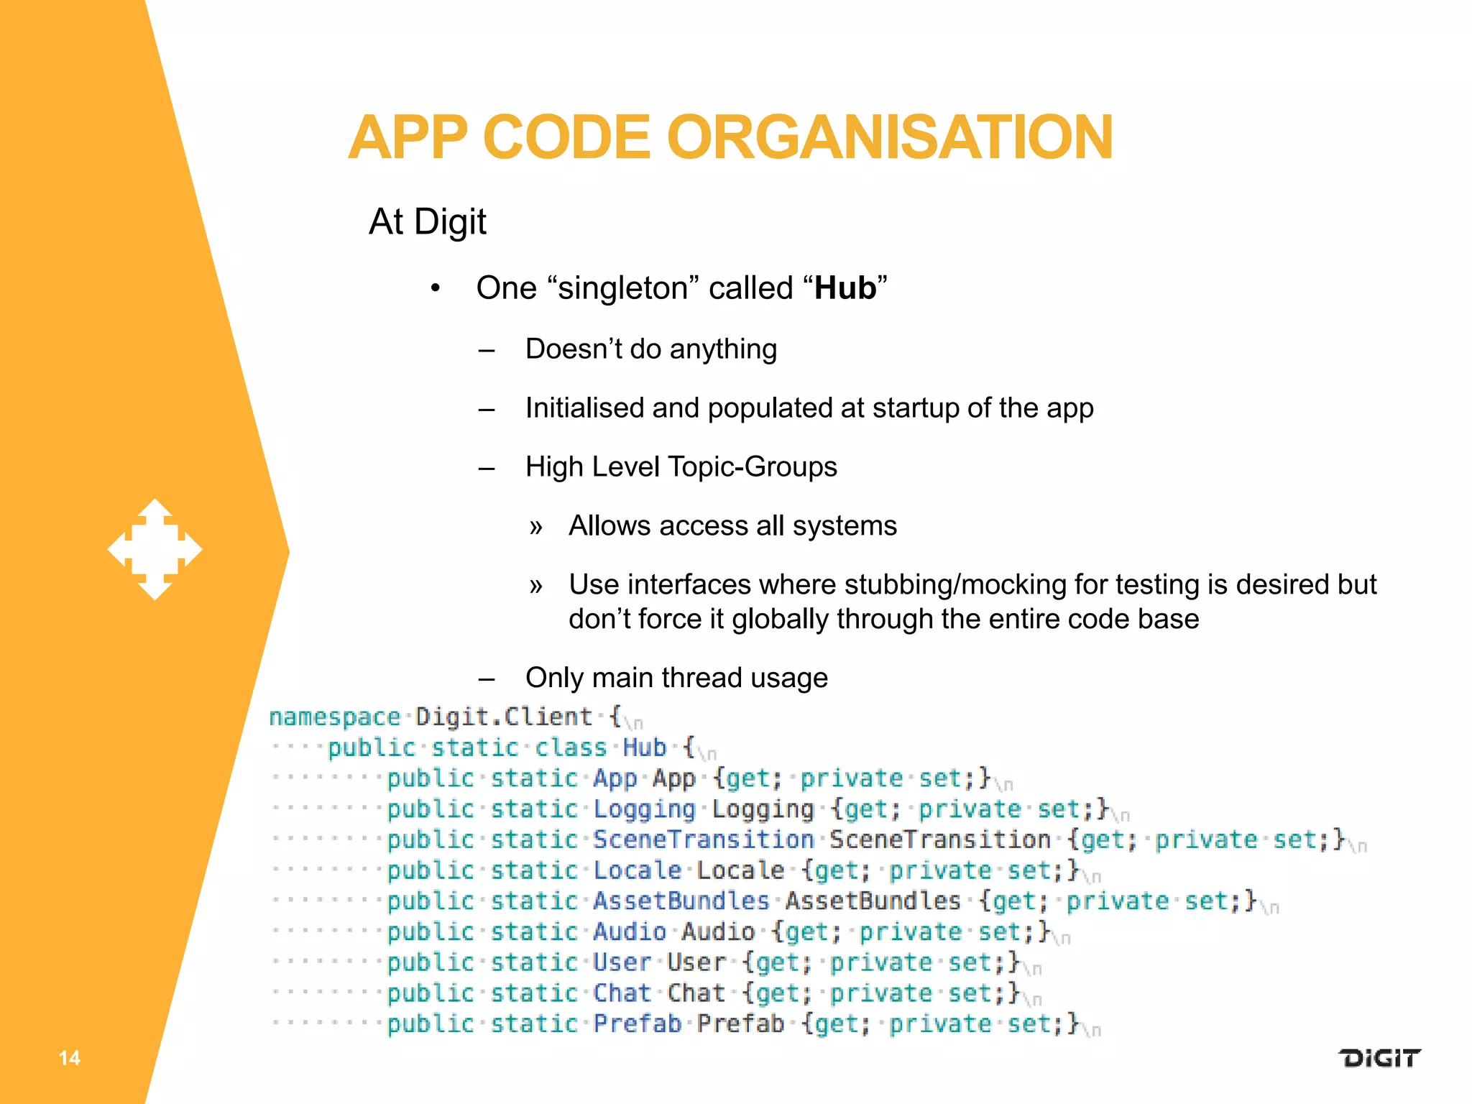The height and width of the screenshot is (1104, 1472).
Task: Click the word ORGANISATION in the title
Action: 890,137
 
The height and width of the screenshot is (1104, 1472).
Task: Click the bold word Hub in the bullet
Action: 845,288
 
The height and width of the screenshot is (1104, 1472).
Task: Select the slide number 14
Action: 69,1057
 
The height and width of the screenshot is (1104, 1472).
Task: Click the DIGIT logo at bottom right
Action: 1379,1058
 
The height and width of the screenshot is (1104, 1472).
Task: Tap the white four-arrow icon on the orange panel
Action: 155,549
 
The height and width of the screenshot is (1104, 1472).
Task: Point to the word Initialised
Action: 583,408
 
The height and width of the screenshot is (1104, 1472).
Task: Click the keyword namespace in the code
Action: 334,717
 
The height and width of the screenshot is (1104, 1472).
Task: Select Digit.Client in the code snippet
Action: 504,717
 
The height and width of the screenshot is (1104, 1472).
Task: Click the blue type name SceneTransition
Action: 703,839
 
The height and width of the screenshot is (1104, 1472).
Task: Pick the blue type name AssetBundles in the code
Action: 681,901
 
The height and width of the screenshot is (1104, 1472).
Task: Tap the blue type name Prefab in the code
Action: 637,1023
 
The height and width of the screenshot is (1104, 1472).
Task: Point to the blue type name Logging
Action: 644,809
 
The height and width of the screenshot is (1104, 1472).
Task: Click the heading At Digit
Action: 428,221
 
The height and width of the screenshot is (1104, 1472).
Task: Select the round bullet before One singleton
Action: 435,289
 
